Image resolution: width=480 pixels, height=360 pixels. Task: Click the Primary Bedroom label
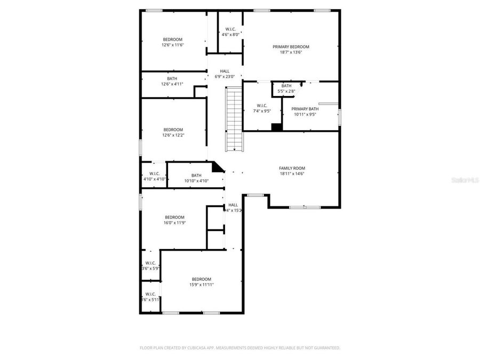coord(291,47)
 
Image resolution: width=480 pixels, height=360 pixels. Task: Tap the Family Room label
coord(292,168)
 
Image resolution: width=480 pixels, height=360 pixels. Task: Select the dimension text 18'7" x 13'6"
coord(291,52)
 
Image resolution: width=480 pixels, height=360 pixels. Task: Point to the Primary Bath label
coord(308,109)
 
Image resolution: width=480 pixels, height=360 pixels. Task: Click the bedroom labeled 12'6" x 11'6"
coord(173,42)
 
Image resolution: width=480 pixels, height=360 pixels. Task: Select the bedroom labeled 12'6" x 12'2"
coord(173,132)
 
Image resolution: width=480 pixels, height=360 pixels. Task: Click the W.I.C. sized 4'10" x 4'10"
coord(154,177)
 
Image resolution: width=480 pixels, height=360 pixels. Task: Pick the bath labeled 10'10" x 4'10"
coord(196,178)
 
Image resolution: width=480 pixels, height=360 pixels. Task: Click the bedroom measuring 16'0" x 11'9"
coord(174,220)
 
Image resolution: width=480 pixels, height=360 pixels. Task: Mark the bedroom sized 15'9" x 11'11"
coord(201,282)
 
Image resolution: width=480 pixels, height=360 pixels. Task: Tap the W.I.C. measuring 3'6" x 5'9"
coord(150,266)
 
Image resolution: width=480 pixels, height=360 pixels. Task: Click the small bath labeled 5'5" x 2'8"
coord(286,89)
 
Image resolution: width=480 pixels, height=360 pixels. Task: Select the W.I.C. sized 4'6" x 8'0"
coord(230,32)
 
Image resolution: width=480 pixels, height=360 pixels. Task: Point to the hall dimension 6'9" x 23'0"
coord(225,77)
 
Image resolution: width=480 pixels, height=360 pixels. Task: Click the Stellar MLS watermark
coord(465,181)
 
